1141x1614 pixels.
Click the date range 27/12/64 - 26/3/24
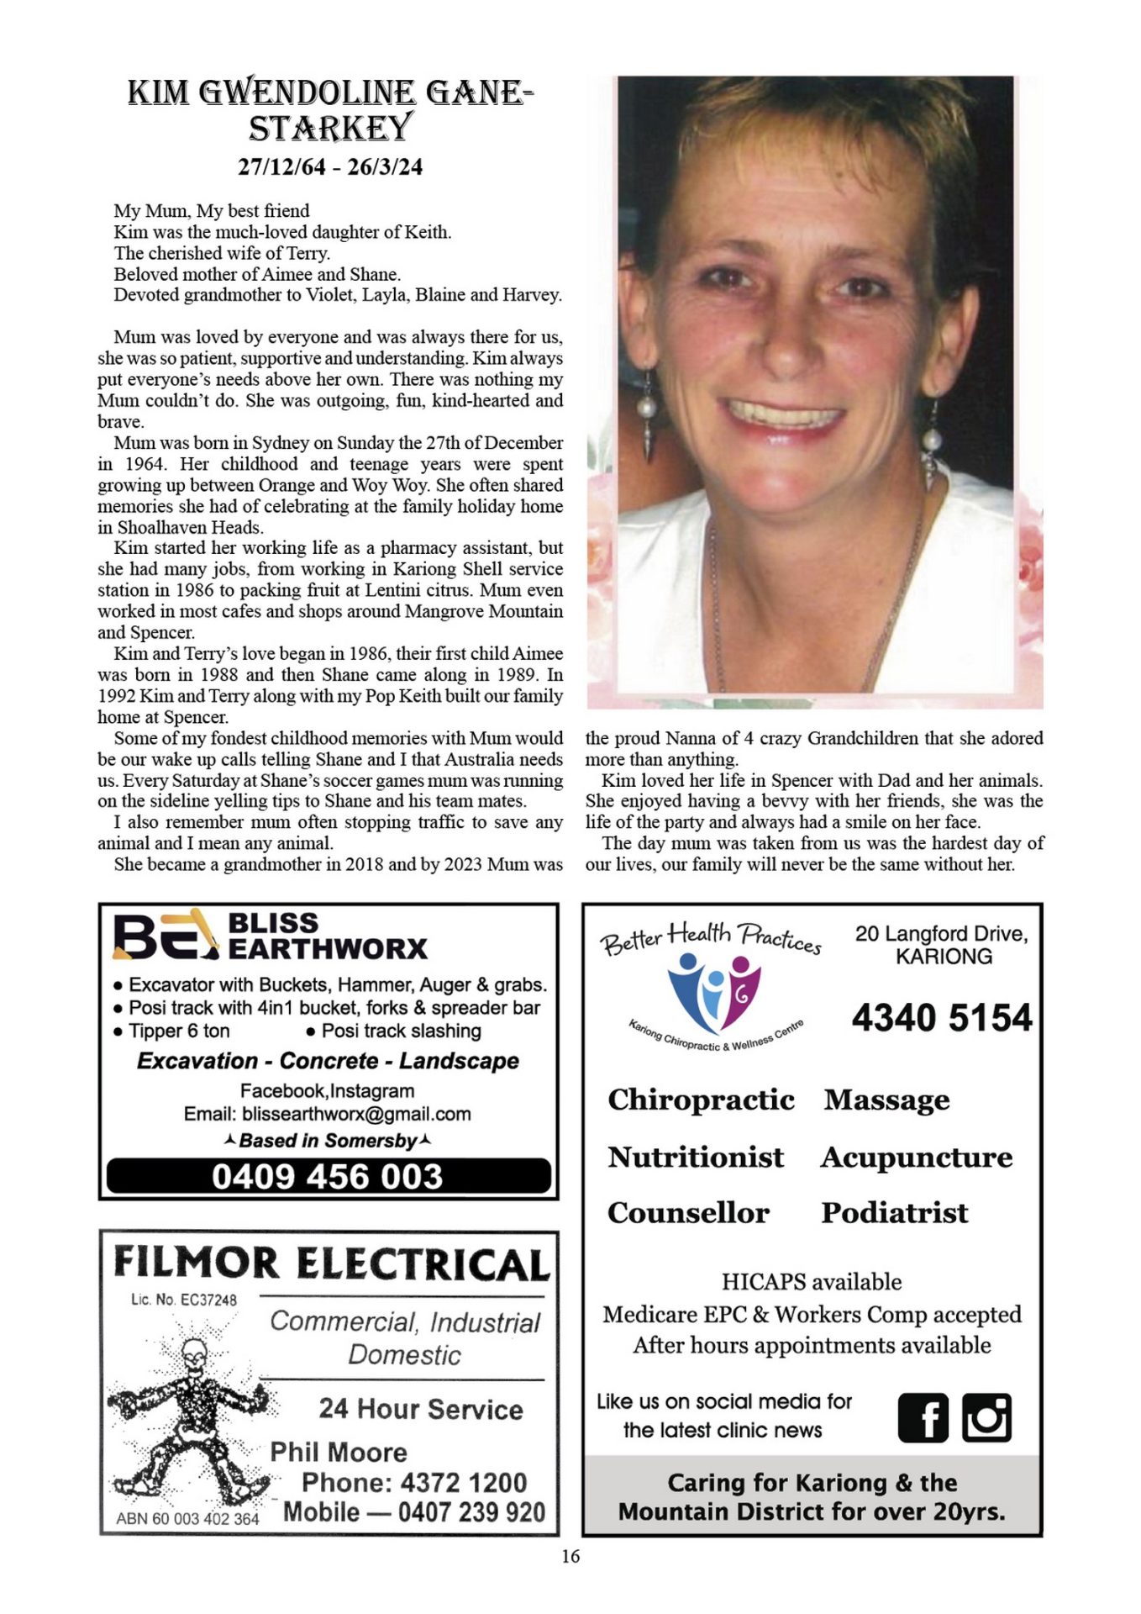pyautogui.click(x=330, y=166)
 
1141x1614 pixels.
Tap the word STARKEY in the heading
pyautogui.click(x=330, y=129)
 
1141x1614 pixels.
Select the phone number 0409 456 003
pyautogui.click(x=328, y=1176)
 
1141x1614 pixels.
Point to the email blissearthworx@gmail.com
pyautogui.click(x=356, y=1114)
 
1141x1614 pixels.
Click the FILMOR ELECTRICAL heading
pyautogui.click(x=331, y=1263)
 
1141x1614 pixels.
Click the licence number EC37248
pyautogui.click(x=208, y=1300)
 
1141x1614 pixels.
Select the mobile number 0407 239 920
pyautogui.click(x=471, y=1512)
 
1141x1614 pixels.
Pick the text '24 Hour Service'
pyautogui.click(x=421, y=1409)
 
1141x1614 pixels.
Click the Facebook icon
pyautogui.click(x=923, y=1417)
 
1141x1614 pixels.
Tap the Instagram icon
pyautogui.click(x=986, y=1417)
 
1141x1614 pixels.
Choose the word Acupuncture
pyautogui.click(x=917, y=1158)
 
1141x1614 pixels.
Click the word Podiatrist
pyautogui.click(x=895, y=1213)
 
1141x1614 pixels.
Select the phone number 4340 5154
pyautogui.click(x=942, y=1018)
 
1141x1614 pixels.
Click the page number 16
pyautogui.click(x=570, y=1557)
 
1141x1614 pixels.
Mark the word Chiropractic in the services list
pyautogui.click(x=701, y=1100)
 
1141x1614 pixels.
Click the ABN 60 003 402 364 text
pyautogui.click(x=187, y=1518)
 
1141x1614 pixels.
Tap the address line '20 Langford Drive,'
pyautogui.click(x=941, y=934)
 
